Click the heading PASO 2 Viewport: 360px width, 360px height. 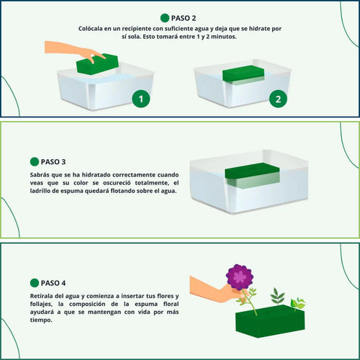(184, 18)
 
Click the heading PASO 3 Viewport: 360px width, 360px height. (53, 162)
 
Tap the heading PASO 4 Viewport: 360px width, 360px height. (53, 283)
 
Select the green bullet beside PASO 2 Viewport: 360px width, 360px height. (165, 18)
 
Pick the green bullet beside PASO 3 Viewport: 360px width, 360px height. (35, 162)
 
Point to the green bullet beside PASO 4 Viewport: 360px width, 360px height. (35, 283)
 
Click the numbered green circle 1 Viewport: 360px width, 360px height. (141, 99)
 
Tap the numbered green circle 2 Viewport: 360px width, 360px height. (278, 99)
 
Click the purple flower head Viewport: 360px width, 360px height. (239, 276)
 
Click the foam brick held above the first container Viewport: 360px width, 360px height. (98, 64)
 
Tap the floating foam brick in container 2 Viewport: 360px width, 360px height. (243, 75)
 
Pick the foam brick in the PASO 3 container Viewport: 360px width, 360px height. (252, 175)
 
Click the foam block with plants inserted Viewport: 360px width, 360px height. (270, 321)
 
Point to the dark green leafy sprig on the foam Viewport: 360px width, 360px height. (277, 297)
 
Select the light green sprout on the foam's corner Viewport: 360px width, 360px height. (297, 304)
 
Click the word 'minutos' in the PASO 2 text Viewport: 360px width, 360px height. (224, 37)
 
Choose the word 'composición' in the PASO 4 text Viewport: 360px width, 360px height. (87, 305)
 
